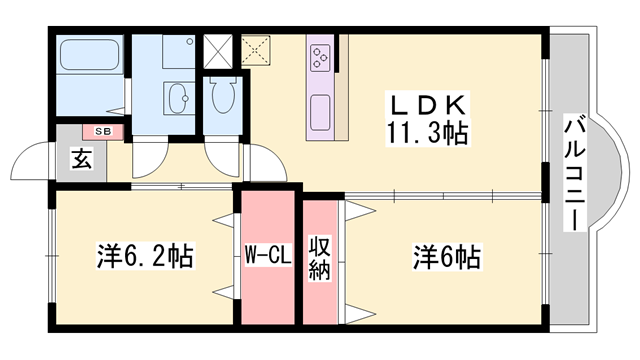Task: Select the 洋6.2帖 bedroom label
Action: [x=145, y=257]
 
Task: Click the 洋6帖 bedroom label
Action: [x=446, y=257]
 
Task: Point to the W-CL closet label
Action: [x=267, y=257]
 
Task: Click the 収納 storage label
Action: [x=320, y=257]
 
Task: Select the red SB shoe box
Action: [x=102, y=130]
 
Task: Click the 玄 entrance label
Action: [x=80, y=158]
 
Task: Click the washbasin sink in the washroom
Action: [x=179, y=99]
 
